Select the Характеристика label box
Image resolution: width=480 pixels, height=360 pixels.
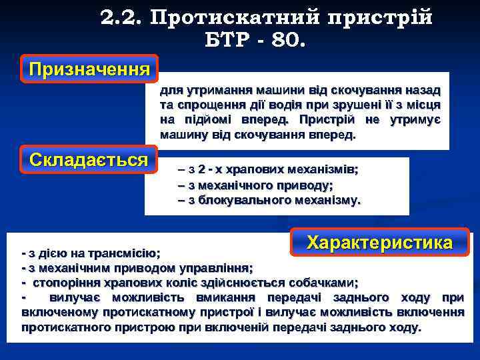pyautogui.click(x=380, y=243)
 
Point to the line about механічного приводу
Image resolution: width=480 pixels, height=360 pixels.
pyautogui.click(x=256, y=185)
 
